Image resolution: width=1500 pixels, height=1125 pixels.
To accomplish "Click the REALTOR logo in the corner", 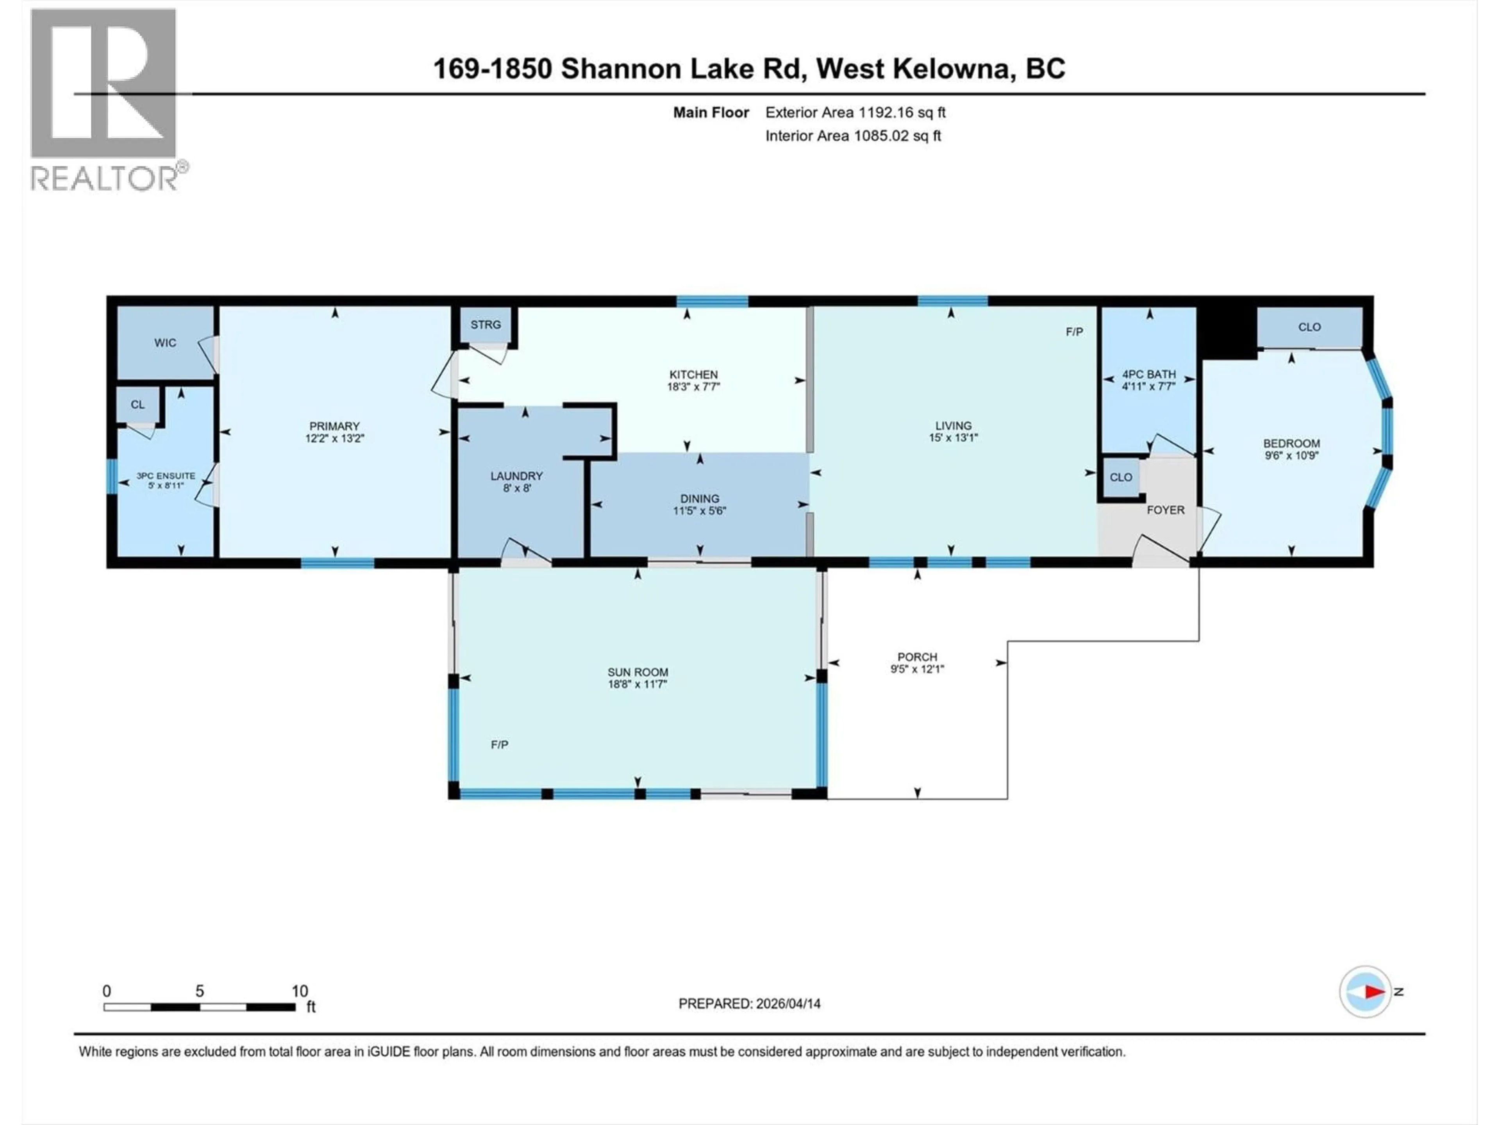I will pos(105,98).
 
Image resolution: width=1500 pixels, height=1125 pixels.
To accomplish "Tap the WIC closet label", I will pos(165,343).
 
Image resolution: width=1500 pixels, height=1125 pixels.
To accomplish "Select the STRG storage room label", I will pos(486,325).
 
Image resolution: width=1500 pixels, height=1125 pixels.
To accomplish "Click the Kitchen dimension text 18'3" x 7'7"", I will pos(693,387).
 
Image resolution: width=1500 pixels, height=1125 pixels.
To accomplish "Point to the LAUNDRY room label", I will pos(517,476).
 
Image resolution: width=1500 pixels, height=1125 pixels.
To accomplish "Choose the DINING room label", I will pos(700,498).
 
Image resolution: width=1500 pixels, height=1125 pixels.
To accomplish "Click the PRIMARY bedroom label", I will pos(334,426).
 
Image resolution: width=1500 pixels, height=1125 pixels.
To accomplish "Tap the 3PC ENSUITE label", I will pos(166,476).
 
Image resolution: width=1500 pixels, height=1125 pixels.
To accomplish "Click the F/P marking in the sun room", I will pos(500,745).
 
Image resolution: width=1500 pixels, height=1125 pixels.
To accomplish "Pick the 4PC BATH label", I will pos(1149,374).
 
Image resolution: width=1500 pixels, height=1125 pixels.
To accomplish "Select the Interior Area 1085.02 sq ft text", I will pos(853,136).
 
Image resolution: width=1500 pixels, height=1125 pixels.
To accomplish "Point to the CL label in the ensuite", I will pos(137,405).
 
